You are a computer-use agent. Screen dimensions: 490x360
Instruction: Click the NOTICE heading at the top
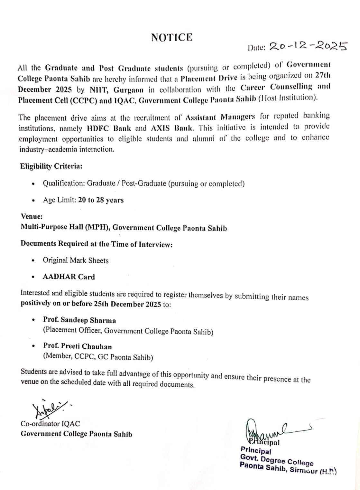point(172,38)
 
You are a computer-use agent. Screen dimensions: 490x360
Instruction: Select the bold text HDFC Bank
point(109,128)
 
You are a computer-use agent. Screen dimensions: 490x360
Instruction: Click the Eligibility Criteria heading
point(51,166)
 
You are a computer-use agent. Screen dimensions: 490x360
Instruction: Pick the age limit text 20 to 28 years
point(101,200)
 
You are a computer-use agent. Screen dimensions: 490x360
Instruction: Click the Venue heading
point(32,216)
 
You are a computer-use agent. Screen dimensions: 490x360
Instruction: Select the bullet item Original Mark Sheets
point(76,260)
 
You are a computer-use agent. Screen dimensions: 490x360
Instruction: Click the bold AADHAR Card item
point(69,277)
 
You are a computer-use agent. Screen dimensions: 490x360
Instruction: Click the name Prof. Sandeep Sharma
point(79,320)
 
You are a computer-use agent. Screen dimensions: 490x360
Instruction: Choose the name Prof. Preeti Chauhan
point(78,347)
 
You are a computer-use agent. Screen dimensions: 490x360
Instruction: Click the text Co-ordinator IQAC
point(50,424)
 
